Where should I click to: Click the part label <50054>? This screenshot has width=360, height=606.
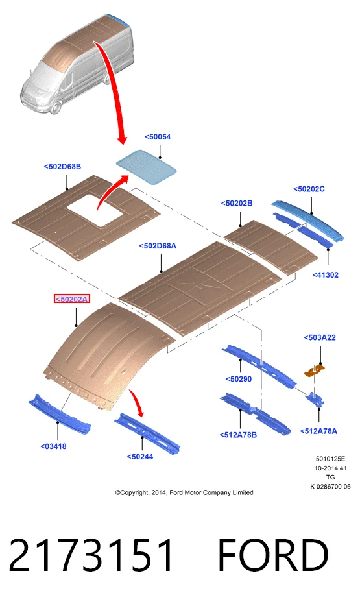(158, 137)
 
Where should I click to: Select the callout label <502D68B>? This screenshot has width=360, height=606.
(62, 167)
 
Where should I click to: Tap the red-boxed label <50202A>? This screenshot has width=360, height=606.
(72, 298)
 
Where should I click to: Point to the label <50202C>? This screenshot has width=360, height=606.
(309, 189)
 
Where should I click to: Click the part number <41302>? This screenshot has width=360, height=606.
(325, 275)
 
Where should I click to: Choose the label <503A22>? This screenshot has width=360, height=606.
(319, 337)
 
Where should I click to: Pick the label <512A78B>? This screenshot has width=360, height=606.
(238, 435)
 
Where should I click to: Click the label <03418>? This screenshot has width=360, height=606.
(53, 446)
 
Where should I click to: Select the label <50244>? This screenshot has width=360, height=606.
(140, 456)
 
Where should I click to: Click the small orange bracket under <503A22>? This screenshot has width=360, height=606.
(315, 370)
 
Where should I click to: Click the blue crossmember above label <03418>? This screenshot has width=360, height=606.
(60, 415)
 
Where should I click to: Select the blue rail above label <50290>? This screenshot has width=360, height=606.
(259, 366)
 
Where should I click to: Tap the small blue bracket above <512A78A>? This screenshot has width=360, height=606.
(315, 400)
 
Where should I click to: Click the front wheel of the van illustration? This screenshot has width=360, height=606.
(55, 108)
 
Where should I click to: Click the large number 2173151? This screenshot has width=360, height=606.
(91, 555)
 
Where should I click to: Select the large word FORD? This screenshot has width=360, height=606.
(273, 555)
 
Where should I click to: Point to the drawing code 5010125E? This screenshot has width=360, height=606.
(330, 459)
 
